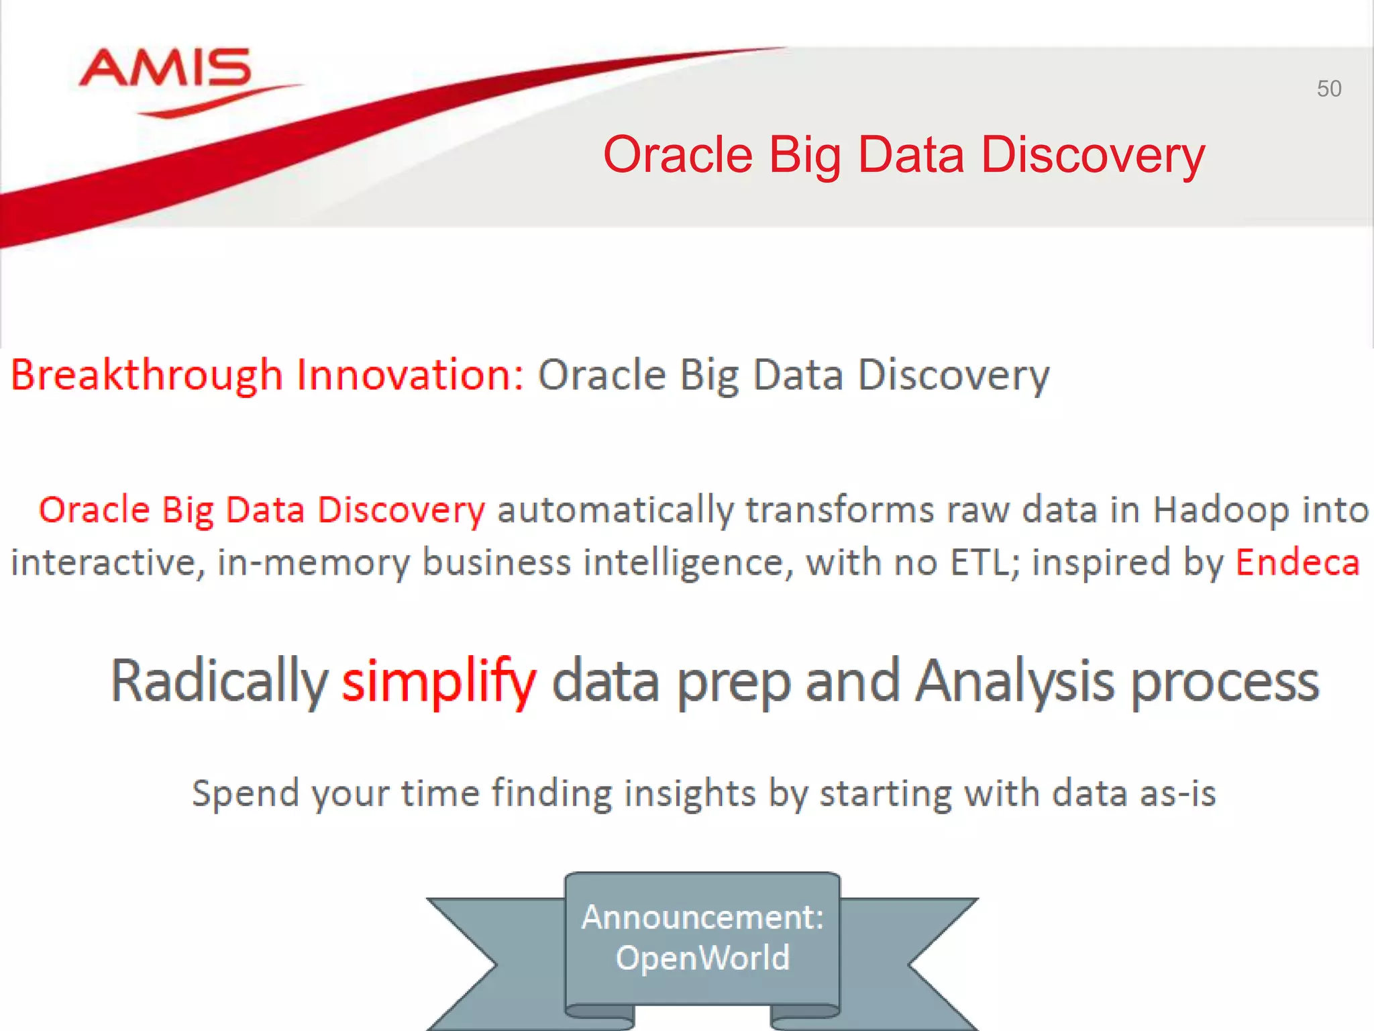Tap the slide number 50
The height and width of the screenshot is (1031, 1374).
(x=1328, y=89)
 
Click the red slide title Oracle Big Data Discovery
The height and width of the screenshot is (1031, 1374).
(x=904, y=155)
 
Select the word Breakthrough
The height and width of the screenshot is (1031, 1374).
(x=146, y=375)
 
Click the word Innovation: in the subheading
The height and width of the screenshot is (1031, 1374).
(x=410, y=375)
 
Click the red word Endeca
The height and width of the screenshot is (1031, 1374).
(x=1298, y=562)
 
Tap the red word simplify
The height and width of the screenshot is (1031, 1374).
(x=439, y=682)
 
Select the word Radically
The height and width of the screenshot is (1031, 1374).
(x=219, y=682)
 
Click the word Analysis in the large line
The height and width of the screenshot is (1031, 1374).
(x=1015, y=682)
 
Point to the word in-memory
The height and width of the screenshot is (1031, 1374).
(x=313, y=562)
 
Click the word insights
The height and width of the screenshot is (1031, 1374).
(x=690, y=793)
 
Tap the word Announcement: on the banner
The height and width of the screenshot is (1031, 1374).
(x=702, y=917)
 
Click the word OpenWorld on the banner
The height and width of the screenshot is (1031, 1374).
(x=702, y=958)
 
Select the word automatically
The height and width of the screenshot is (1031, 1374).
(x=615, y=510)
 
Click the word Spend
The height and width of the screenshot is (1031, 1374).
(x=245, y=793)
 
